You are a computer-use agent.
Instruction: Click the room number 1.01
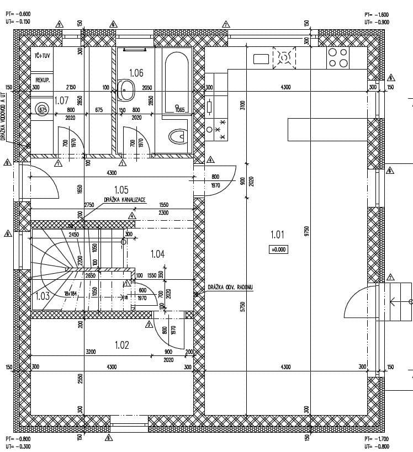[x=277, y=235]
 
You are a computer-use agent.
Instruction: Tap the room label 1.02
[x=122, y=345]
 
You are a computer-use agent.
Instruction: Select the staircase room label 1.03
[x=43, y=296]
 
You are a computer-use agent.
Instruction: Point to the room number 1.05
[x=121, y=190]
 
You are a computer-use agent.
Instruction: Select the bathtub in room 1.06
[x=177, y=78]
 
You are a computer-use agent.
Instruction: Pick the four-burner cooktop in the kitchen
[x=338, y=58]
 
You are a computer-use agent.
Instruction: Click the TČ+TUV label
[x=43, y=56]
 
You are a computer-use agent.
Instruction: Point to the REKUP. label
[x=44, y=80]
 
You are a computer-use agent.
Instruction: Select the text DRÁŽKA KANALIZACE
[x=125, y=200]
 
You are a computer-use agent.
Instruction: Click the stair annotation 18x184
[x=70, y=294]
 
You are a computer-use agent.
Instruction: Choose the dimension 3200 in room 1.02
[x=91, y=351]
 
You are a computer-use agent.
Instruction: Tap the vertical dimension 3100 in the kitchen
[x=242, y=105]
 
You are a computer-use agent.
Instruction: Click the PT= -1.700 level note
[x=377, y=439]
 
